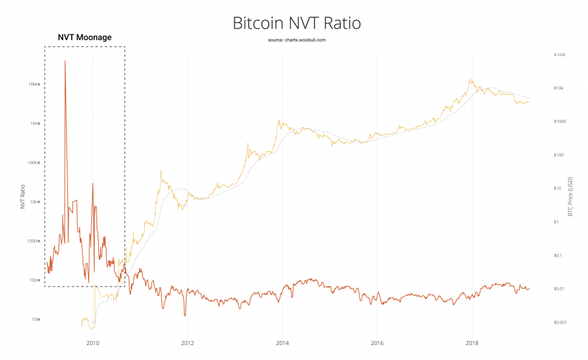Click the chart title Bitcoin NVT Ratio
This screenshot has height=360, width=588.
(296, 24)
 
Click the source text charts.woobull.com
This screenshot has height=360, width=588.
(296, 40)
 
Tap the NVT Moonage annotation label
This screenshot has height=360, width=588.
(84, 38)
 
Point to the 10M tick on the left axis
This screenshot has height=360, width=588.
(32, 84)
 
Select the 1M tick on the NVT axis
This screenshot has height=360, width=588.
(33, 123)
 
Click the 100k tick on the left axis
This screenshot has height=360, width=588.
(32, 162)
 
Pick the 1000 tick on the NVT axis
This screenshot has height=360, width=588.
(32, 241)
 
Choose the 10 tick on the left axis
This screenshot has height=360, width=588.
(34, 319)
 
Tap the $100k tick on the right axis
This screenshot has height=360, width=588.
(560, 55)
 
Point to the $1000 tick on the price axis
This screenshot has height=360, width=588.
(560, 122)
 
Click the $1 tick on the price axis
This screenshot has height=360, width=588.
(556, 222)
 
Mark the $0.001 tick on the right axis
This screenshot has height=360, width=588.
(559, 322)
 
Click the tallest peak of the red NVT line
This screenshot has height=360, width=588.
(65, 61)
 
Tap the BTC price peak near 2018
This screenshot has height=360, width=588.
(471, 79)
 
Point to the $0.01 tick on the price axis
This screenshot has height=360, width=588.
(558, 289)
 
